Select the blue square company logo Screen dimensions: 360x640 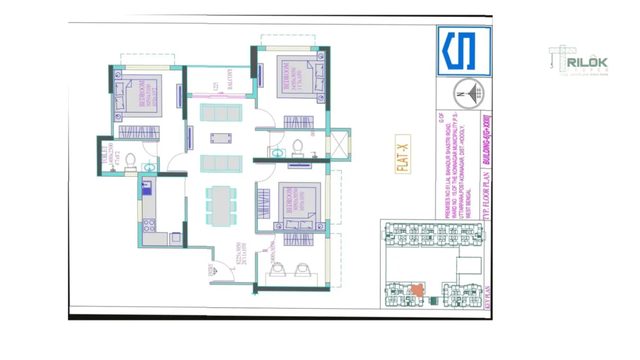[x=464, y=51]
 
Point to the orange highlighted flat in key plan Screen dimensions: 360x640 [x=416, y=290]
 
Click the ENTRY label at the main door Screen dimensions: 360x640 [x=210, y=269]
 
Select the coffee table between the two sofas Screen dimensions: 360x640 [x=221, y=138]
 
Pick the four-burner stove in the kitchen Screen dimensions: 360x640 [x=149, y=226]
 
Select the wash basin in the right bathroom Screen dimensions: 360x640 [x=276, y=152]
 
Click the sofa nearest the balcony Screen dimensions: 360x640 [x=221, y=113]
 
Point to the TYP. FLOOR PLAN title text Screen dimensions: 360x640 [x=487, y=197]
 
